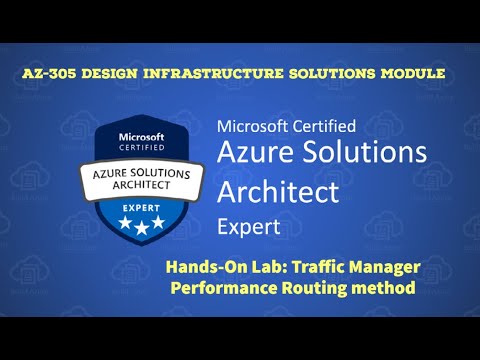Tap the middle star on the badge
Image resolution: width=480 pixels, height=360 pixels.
pyautogui.click(x=142, y=228)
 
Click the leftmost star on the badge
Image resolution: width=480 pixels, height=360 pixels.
pyautogui.click(x=124, y=225)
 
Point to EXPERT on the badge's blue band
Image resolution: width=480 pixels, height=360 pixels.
pyautogui.click(x=142, y=208)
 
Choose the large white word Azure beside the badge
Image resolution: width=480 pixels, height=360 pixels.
pyautogui.click(x=258, y=154)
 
